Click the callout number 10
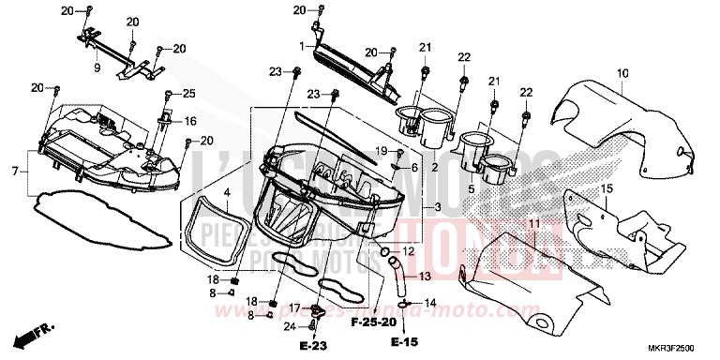[622, 72]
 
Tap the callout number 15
[606, 189]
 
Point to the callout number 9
[96, 67]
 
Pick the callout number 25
[189, 94]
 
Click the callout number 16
[189, 121]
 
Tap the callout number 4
[226, 192]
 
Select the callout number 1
[302, 45]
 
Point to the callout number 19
[383, 151]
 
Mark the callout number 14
[430, 303]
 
